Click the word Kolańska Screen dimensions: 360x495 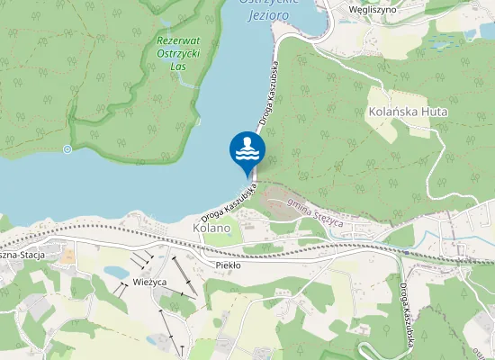[391, 112]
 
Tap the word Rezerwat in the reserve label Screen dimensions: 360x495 [176, 41]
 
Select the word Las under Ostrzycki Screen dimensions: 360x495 [176, 67]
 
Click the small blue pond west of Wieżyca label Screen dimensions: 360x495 [115, 270]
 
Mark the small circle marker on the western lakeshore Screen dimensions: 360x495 [67, 148]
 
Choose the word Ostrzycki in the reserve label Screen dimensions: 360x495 [176, 54]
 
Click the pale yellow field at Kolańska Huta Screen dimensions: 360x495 [387, 129]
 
